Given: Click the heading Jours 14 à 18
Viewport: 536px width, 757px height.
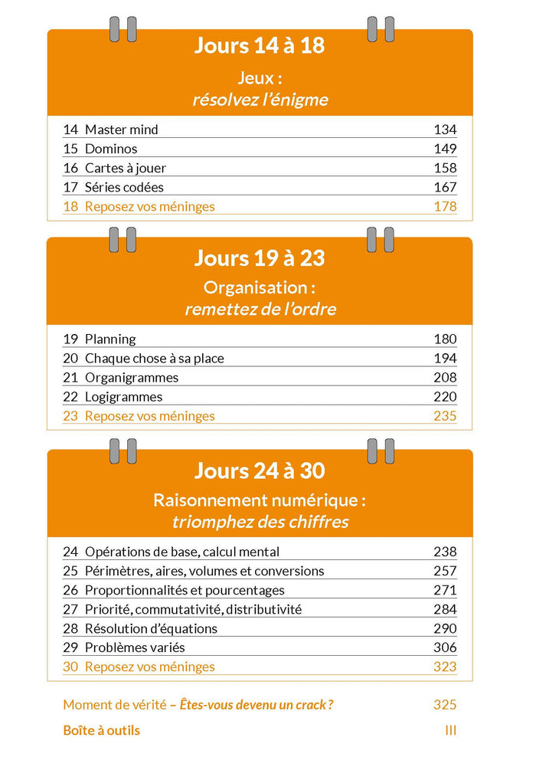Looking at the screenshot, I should (x=260, y=46).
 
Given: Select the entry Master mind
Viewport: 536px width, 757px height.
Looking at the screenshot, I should (x=121, y=129).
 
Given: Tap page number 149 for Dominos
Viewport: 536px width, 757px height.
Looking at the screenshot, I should (x=445, y=149).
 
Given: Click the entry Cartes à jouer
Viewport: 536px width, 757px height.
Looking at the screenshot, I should (x=125, y=168).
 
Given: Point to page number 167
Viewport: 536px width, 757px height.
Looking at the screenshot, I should (x=445, y=187).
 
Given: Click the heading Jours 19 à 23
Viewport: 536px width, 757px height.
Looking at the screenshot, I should (x=260, y=258).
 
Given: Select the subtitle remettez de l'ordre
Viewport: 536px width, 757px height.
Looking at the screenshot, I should (x=260, y=310).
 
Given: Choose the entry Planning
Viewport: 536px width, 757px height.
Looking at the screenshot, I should (x=110, y=339).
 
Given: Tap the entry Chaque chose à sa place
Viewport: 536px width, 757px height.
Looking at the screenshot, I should (x=154, y=358).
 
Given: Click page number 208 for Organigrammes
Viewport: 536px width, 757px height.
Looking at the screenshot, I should (x=445, y=377).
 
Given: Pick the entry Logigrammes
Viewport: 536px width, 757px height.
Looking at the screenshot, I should (x=123, y=397).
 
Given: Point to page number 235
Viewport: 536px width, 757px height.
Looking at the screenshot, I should (x=445, y=416).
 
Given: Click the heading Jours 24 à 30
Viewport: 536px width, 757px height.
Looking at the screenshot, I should (x=260, y=470).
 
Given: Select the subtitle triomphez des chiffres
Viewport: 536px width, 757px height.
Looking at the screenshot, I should (x=260, y=522).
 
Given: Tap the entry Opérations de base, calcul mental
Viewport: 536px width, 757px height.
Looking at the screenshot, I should (x=181, y=552).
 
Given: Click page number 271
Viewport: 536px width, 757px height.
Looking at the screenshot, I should (x=445, y=590).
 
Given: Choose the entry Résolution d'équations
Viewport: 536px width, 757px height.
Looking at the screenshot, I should (x=151, y=628).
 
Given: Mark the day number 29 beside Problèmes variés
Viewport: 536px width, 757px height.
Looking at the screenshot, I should (x=70, y=647).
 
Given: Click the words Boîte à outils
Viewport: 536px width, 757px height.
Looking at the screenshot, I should (x=101, y=730).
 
